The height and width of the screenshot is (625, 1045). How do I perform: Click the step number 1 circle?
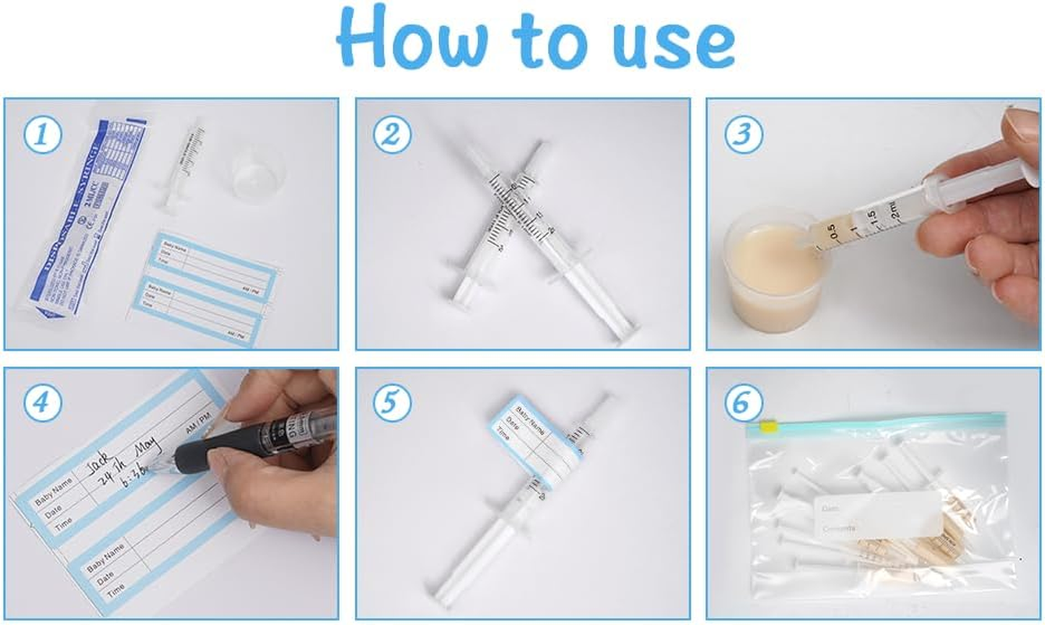pos(41,134)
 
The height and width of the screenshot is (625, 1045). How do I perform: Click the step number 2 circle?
pos(391,134)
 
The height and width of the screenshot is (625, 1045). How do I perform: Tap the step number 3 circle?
pos(743,134)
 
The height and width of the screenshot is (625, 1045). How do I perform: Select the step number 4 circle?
pos(41,404)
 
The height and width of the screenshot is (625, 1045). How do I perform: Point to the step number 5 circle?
pos(391,404)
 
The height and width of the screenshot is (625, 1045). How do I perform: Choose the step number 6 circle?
pos(743,404)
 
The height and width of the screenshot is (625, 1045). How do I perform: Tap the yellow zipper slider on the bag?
pos(768,427)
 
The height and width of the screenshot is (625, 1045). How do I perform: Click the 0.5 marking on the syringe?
pos(832,231)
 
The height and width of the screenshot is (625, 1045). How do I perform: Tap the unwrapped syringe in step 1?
pos(181,168)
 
